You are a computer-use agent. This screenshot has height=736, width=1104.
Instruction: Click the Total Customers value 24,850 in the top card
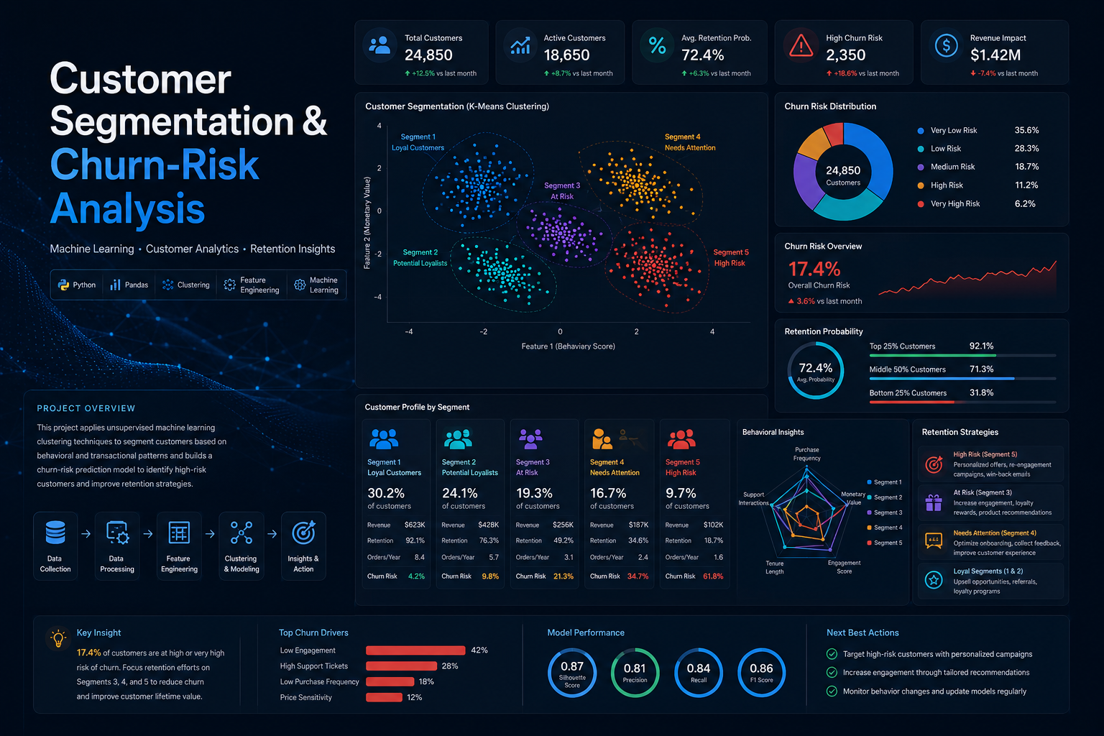coord(428,55)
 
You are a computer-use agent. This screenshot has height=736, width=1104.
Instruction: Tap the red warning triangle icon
coord(801,46)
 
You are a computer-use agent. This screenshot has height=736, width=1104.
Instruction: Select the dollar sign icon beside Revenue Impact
coord(946,45)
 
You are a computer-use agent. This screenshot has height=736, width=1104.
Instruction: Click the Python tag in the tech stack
coord(77,285)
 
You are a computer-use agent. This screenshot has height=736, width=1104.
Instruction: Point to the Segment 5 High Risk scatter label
coord(731,258)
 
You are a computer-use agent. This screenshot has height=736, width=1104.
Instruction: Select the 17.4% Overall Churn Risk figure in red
coord(814,269)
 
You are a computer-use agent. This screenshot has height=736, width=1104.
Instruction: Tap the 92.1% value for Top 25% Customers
coord(981,346)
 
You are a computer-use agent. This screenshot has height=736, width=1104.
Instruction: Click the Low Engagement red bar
coord(415,650)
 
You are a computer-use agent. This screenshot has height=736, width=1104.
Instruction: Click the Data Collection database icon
coord(55,533)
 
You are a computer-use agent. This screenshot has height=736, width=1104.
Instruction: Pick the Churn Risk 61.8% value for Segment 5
coord(713,576)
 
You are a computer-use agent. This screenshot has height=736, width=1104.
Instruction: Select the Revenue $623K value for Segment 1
coord(415,525)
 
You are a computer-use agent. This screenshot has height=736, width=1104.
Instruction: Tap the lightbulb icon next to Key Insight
coord(58,638)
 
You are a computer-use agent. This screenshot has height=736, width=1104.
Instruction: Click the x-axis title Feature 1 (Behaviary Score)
coord(568,346)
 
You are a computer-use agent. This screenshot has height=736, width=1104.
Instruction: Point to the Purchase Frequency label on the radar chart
coord(807,454)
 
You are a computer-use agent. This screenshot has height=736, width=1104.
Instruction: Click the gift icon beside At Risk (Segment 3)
coord(934,503)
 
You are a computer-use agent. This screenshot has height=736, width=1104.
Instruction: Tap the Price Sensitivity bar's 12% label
coord(414,697)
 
